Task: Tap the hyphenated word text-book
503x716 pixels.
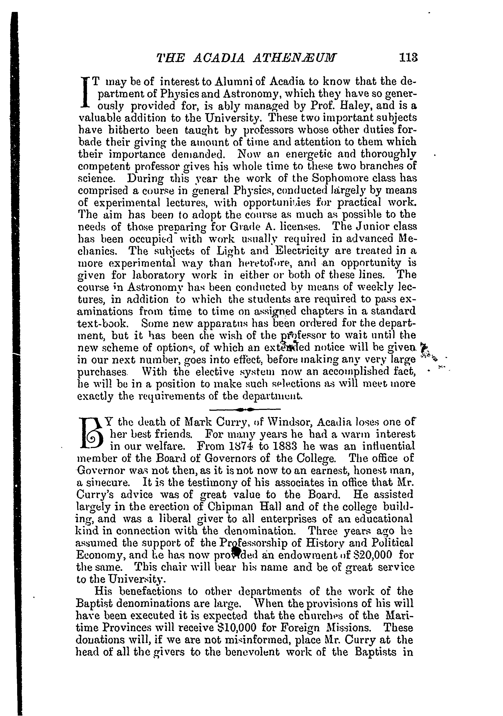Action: (101, 323)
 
